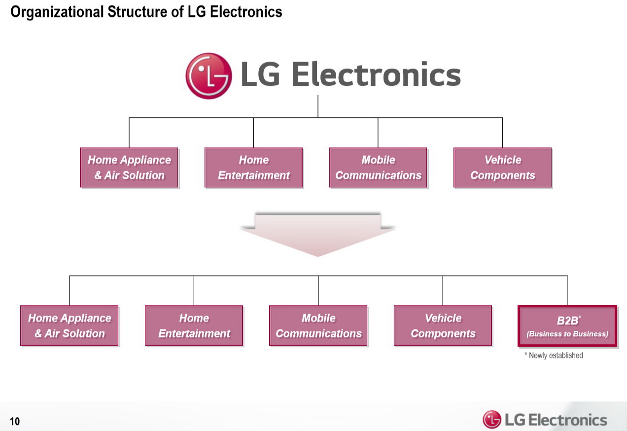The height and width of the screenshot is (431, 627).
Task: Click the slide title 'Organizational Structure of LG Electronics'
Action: (146, 12)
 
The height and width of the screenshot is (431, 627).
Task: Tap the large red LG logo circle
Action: (209, 76)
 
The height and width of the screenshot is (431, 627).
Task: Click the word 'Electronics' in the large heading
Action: (376, 75)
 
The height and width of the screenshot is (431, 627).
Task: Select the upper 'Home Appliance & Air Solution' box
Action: (129, 168)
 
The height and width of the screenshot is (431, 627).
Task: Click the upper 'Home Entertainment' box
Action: (253, 168)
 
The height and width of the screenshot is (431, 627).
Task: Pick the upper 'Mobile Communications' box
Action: (378, 168)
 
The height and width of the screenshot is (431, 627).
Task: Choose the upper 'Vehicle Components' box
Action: (502, 168)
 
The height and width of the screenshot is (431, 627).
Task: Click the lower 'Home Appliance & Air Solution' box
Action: (70, 325)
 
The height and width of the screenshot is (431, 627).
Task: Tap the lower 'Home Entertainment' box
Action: (194, 325)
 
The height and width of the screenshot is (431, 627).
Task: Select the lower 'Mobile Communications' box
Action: (318, 325)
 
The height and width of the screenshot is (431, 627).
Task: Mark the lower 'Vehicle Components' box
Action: (443, 325)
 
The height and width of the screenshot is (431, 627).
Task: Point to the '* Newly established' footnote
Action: (554, 356)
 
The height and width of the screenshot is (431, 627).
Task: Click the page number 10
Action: (15, 421)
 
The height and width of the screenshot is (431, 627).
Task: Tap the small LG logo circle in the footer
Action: (492, 420)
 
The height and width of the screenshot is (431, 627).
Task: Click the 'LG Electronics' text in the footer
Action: (556, 420)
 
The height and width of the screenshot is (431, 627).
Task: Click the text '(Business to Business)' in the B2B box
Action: (567, 334)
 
